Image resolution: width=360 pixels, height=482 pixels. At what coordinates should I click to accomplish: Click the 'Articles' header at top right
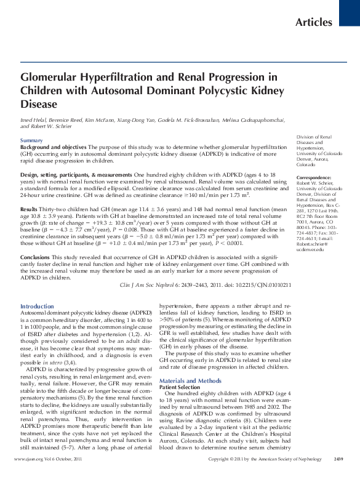pos(314,23)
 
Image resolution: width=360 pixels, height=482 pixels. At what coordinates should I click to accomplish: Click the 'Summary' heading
pos(31,141)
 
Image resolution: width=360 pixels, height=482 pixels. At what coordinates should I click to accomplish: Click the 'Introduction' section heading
pos(37,306)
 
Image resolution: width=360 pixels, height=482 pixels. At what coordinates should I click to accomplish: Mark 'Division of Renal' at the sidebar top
pos(314,137)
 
